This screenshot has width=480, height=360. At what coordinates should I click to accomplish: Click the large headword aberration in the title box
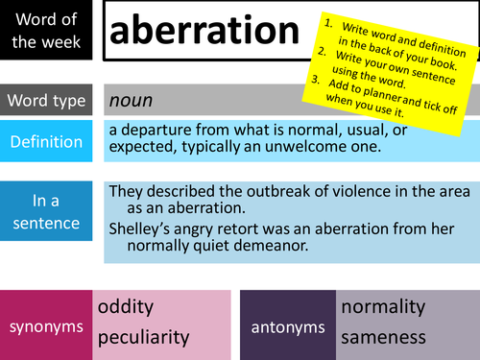[205, 33]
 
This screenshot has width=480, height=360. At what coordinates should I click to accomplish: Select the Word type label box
[47, 100]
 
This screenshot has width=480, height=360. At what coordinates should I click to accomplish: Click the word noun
[131, 100]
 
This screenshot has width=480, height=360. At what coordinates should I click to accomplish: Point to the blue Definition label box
[47, 141]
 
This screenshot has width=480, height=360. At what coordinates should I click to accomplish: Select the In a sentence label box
[47, 213]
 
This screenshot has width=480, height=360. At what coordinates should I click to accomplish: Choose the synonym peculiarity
[144, 337]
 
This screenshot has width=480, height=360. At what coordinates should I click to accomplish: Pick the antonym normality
[383, 307]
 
